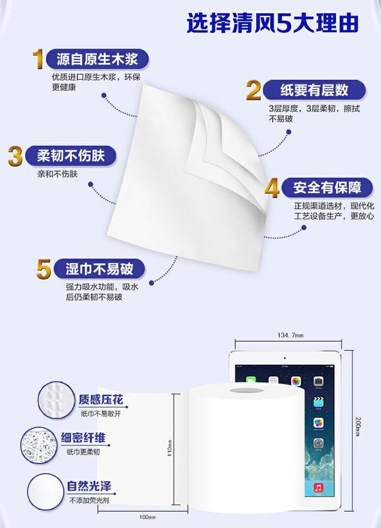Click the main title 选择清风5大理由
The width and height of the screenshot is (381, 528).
[x=273, y=23]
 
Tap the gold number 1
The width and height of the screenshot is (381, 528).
[x=38, y=59]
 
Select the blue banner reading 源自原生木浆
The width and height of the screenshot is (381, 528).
[x=97, y=59]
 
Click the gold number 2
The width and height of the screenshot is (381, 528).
[x=253, y=90]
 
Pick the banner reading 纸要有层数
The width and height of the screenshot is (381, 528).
[x=314, y=90]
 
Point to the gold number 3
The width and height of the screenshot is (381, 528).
[x=15, y=156]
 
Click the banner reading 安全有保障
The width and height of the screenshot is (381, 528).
[x=327, y=188]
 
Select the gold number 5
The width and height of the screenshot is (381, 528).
[x=44, y=269]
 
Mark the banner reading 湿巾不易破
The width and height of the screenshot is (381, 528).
[x=99, y=269]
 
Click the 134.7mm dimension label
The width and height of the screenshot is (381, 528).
[x=290, y=335]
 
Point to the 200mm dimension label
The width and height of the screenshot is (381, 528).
[x=358, y=426]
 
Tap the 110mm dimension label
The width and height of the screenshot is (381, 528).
[x=170, y=448]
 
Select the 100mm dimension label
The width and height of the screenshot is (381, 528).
[x=147, y=517]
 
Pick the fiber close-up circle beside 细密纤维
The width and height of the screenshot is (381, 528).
[x=39, y=445]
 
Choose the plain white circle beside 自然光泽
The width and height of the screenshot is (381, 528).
[x=45, y=492]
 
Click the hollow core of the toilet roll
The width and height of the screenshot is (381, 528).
[x=247, y=391]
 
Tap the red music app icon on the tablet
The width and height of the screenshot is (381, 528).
[x=318, y=487]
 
